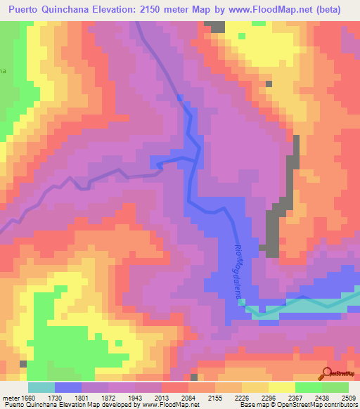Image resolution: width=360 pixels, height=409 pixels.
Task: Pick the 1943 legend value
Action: [137, 397]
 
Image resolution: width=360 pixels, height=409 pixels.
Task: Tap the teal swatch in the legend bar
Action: [41, 387]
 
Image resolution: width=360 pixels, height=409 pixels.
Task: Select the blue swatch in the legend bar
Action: [68, 387]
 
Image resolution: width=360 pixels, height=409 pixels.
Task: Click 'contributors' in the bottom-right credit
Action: [342, 405]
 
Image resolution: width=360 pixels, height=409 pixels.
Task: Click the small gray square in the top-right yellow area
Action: [269, 84]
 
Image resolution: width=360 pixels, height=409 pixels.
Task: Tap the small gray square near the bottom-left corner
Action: [23, 364]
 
